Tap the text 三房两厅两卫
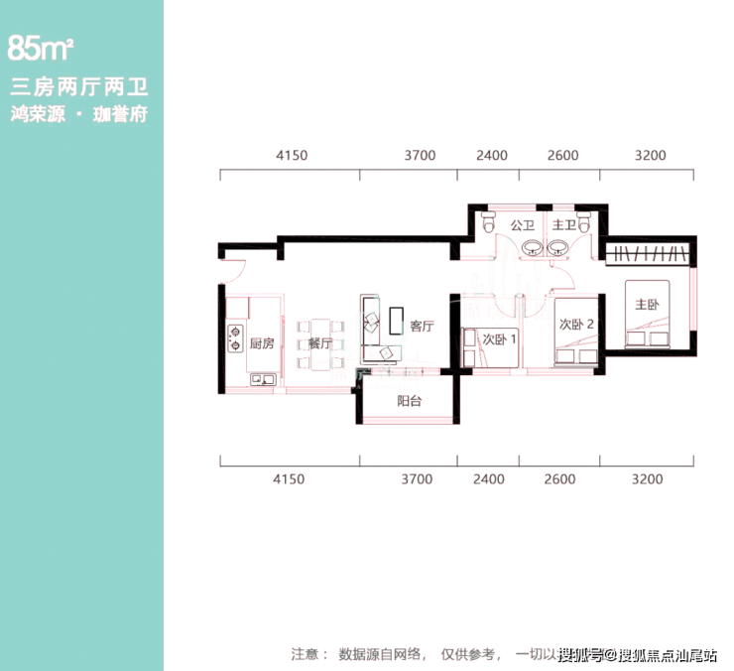78,87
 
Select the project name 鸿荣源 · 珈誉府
78,114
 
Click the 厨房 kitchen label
261,344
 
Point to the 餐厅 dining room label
319,344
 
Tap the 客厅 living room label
422,327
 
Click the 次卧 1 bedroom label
499,339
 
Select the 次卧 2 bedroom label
576,324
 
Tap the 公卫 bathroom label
522,225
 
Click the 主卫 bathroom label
563,225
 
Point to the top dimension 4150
290,156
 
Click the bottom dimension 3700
418,479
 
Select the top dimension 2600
561,156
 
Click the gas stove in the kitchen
236,339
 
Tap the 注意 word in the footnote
308,654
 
